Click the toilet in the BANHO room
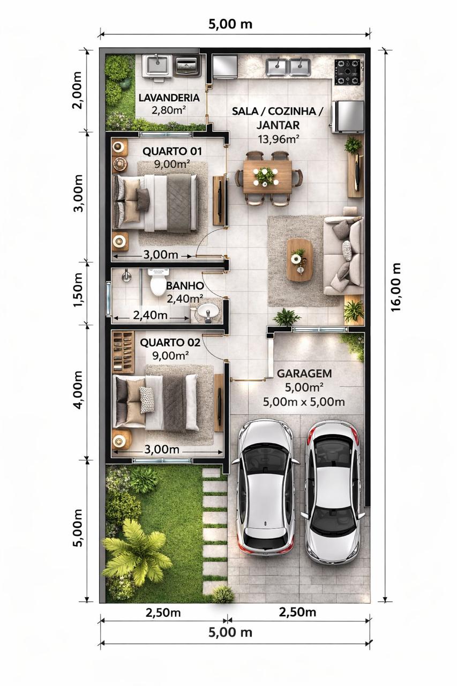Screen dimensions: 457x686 [x=158, y=282]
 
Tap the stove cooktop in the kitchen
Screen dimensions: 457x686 [x=348, y=72]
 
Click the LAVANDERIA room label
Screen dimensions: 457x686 [x=169, y=98]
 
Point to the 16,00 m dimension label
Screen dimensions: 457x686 [x=396, y=287]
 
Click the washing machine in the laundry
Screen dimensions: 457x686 [x=188, y=66]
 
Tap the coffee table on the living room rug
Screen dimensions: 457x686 [x=299, y=260]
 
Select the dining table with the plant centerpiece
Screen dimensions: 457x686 [x=267, y=177]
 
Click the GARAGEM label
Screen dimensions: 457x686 [x=304, y=374]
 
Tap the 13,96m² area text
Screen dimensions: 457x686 [x=279, y=139]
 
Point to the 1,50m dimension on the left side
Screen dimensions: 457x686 [x=78, y=293]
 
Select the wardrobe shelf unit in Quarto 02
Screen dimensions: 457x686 [x=123, y=352]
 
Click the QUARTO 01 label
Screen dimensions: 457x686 [x=172, y=151]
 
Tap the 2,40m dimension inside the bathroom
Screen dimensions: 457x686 [x=150, y=315]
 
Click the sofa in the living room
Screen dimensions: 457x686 [x=343, y=256]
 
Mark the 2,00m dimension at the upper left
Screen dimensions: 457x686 [x=77, y=90]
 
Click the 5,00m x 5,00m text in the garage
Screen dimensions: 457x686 [x=304, y=402]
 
